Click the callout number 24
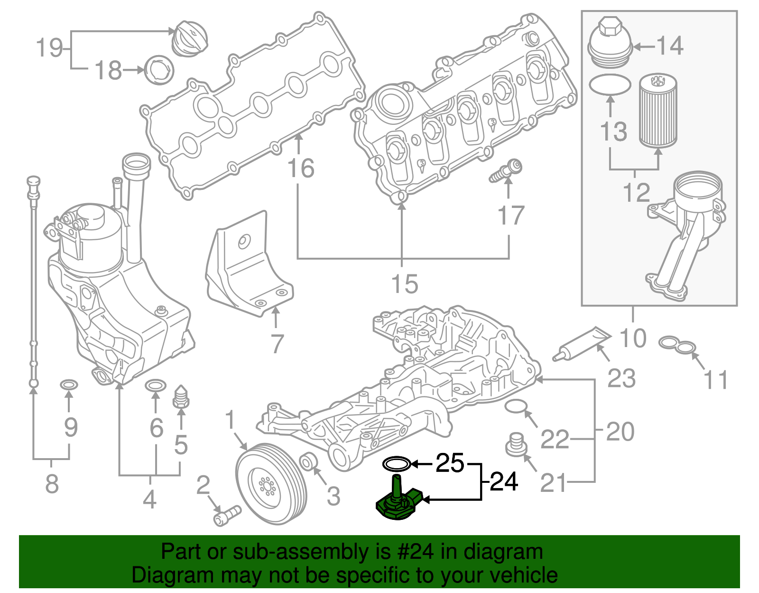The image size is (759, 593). [504, 481]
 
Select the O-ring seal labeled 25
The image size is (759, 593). [396, 463]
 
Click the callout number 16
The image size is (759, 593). [301, 169]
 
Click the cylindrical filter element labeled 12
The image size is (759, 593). [657, 112]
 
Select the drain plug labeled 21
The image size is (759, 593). [517, 444]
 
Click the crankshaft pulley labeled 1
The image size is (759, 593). [271, 484]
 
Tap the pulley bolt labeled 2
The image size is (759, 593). [227, 515]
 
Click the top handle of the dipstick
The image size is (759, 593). [33, 182]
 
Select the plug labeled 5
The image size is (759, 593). [181, 396]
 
